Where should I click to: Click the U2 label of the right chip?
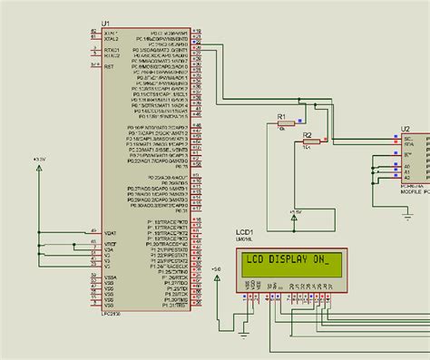(x=406, y=129)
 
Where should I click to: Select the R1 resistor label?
(x=281, y=118)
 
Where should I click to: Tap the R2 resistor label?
(x=308, y=135)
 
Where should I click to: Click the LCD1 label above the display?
(x=245, y=233)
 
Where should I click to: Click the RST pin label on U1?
(x=110, y=66)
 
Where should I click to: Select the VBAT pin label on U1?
(x=112, y=230)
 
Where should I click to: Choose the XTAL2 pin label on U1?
(x=112, y=39)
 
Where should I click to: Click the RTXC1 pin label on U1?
(x=112, y=50)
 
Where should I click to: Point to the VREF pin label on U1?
(x=112, y=243)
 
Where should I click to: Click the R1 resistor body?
(x=288, y=126)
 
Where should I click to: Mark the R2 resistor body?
(x=312, y=143)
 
